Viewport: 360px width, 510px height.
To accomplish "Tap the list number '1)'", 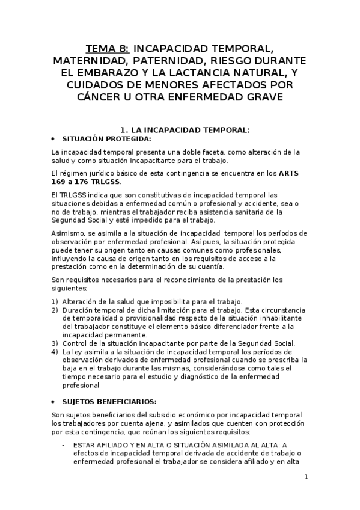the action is [x=55, y=301].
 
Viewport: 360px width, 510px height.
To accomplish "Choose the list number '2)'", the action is [x=55, y=310].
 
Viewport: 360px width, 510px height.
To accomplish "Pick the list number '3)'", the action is [x=55, y=343].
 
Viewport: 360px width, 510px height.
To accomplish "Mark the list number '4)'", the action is [x=55, y=352].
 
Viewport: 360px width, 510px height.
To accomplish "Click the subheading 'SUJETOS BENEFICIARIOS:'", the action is [x=110, y=401].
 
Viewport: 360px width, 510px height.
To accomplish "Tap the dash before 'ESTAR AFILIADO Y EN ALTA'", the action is [x=64, y=444].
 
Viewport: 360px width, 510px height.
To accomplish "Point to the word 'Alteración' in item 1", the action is [x=81, y=301].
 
